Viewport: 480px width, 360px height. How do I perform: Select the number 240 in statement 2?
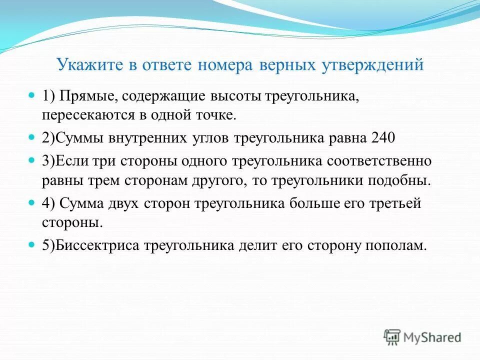383,138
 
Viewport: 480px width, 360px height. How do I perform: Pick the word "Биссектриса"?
99,245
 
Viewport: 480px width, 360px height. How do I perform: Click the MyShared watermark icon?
392,337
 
